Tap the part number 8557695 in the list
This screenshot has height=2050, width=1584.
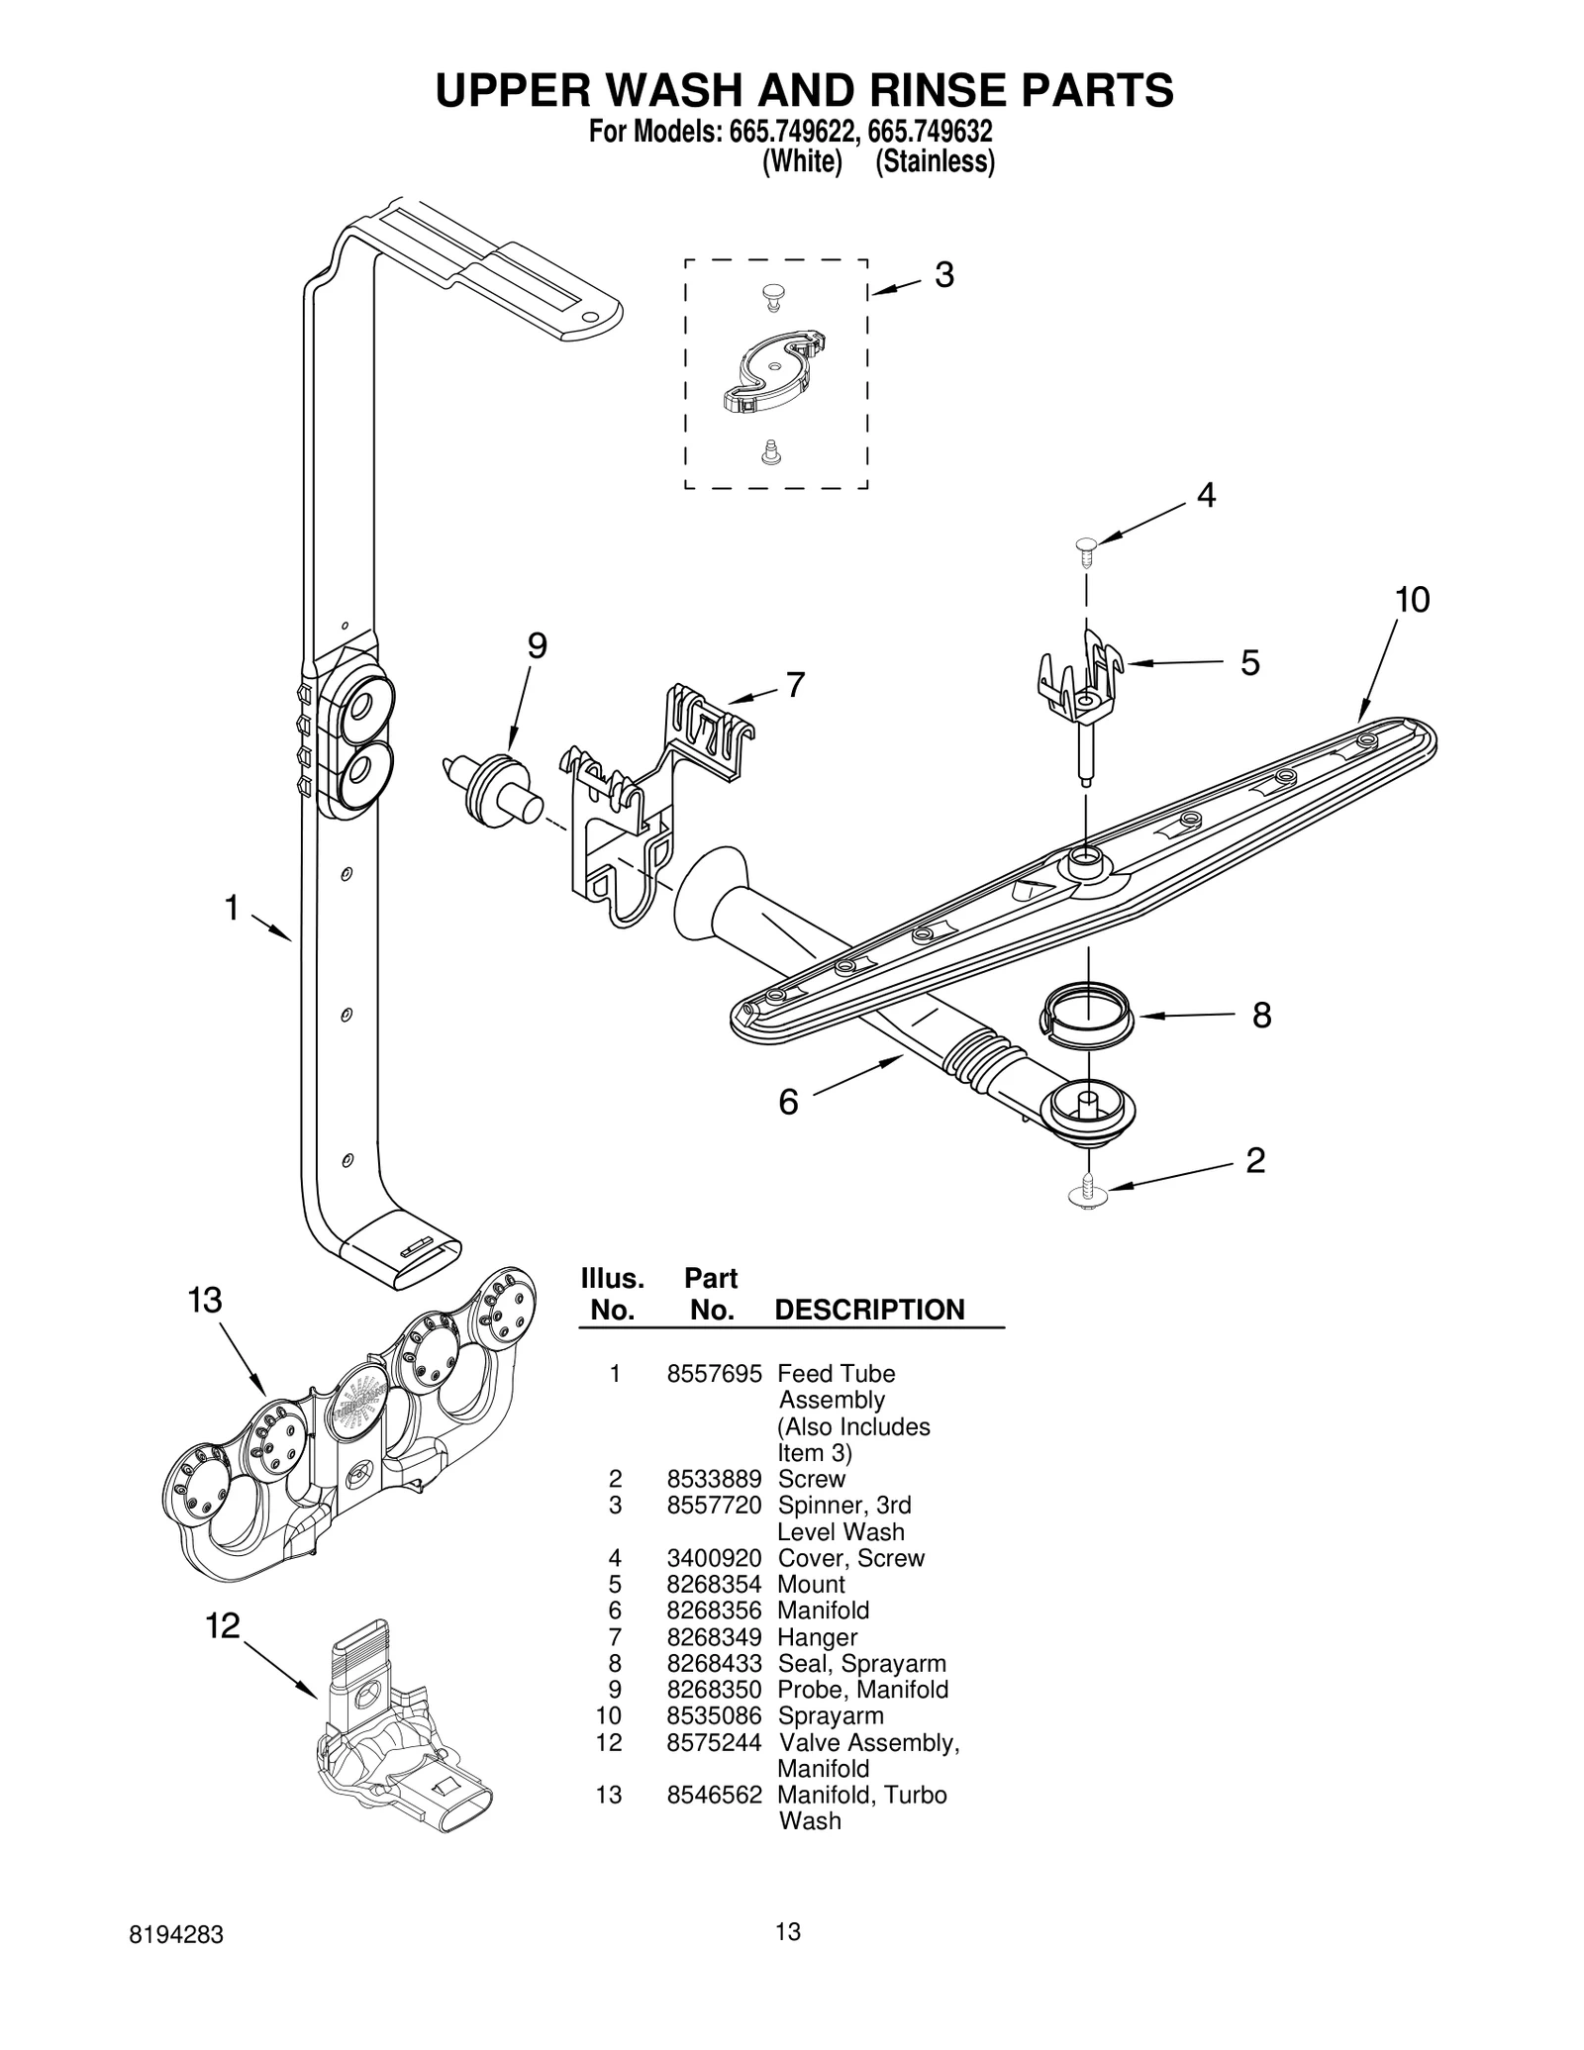[714, 1374]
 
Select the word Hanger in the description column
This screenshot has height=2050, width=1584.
[817, 1638]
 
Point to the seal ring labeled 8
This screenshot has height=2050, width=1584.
[1087, 1013]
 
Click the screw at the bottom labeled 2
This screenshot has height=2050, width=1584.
[1088, 1192]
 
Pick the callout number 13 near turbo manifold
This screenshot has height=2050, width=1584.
[205, 1300]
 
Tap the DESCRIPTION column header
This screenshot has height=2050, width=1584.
[868, 1310]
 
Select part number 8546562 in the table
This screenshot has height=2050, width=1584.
[714, 1795]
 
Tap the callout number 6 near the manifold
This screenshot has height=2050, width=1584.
[788, 1101]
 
